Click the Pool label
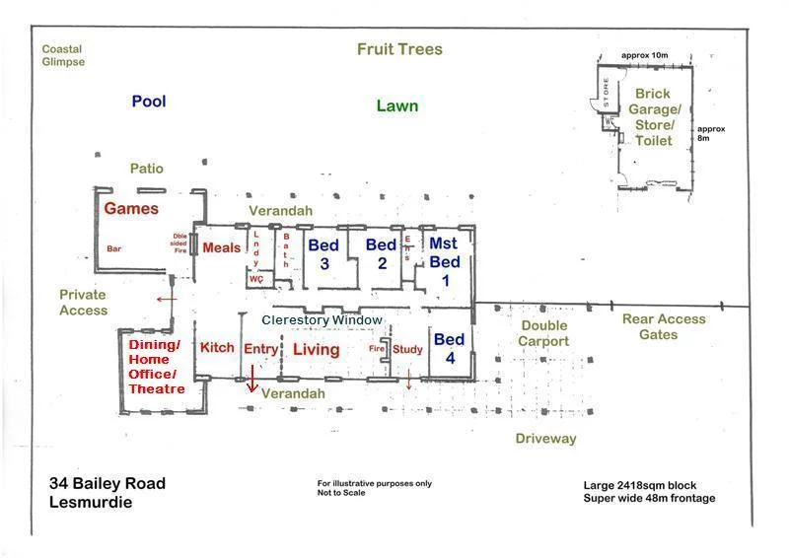click(149, 101)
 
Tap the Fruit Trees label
click(399, 49)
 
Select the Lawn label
click(396, 105)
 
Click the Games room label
click(131, 208)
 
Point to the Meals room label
click(221, 247)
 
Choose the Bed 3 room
click(324, 253)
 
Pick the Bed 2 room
click(381, 253)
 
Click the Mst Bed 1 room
click(445, 260)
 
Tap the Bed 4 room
click(450, 349)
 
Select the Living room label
click(317, 349)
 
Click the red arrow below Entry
click(251, 379)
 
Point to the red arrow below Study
click(409, 380)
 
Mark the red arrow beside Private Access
click(166, 298)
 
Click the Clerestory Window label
click(322, 320)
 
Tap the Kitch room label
click(217, 348)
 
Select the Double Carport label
click(544, 333)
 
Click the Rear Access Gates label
click(664, 326)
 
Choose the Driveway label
click(545, 438)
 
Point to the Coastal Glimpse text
click(63, 55)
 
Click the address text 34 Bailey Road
click(108, 483)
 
